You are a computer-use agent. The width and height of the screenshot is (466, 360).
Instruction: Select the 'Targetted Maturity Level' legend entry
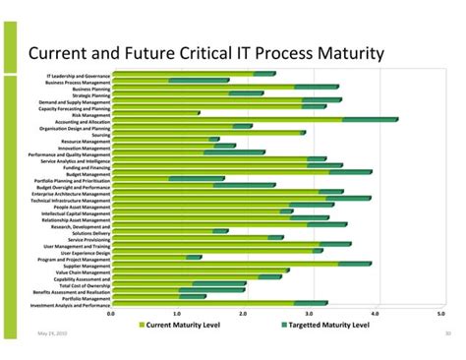coord(327,324)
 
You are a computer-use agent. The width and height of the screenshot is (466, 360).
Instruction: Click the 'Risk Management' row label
coord(90,114)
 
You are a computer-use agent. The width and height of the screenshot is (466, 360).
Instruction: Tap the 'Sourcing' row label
coord(101,135)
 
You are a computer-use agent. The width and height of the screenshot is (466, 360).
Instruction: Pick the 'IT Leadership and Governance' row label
coord(79,75)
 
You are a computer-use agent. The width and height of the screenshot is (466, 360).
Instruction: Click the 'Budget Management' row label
coord(88,174)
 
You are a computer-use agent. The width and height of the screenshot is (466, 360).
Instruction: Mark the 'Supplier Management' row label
coord(87,266)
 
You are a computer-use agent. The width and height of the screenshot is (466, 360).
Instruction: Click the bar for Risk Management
coord(155,114)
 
